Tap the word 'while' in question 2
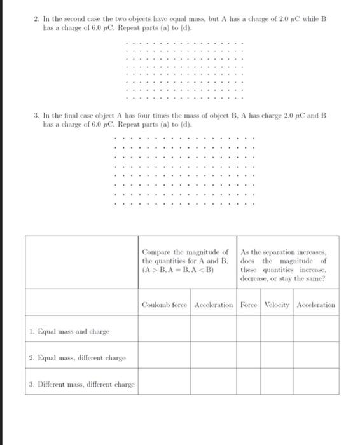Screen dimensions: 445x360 pyautogui.click(x=307, y=20)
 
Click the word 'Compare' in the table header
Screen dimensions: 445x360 pyautogui.click(x=157, y=252)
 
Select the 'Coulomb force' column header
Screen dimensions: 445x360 pyautogui.click(x=165, y=305)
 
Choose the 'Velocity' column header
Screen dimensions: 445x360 pyautogui.click(x=277, y=305)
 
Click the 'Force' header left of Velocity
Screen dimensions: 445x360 pyautogui.click(x=249, y=305)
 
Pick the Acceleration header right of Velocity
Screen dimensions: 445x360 pyautogui.click(x=315, y=305)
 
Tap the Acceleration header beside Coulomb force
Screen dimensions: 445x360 pyautogui.click(x=214, y=305)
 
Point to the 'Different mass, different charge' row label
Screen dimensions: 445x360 pyautogui.click(x=82, y=384)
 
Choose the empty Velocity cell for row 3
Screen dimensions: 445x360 pyautogui.click(x=277, y=383)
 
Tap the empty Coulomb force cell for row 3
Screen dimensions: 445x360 pyautogui.click(x=165, y=383)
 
